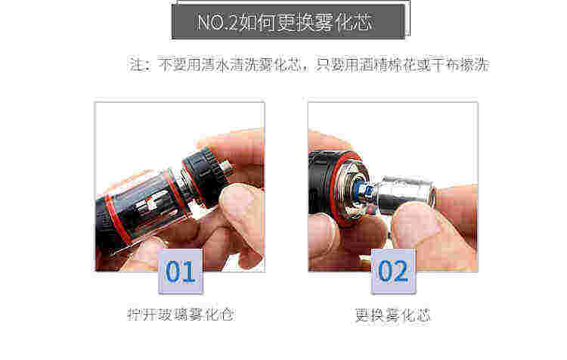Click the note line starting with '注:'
[309, 65]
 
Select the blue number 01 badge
[180, 272]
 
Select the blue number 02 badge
[393, 272]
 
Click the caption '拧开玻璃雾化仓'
[181, 314]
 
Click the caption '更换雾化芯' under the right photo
[392, 315]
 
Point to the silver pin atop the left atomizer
[227, 167]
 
